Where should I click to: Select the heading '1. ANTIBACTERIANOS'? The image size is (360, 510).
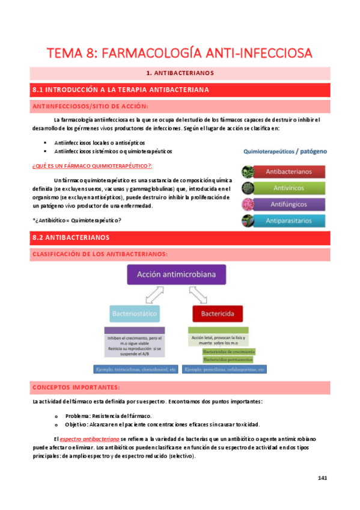pyautogui.click(x=180, y=73)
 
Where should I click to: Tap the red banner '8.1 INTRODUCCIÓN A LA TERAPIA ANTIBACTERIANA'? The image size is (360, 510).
pyautogui.click(x=120, y=90)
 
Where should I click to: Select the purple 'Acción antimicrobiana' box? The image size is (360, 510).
pyautogui.click(x=180, y=275)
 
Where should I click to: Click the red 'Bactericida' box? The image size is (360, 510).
pyautogui.click(x=217, y=313)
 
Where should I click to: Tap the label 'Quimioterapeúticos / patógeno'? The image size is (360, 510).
pyautogui.click(x=285, y=152)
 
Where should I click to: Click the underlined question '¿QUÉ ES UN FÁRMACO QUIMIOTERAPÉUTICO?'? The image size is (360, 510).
pyautogui.click(x=90, y=165)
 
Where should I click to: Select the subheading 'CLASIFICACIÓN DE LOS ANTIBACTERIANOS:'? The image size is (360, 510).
pyautogui.click(x=99, y=254)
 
